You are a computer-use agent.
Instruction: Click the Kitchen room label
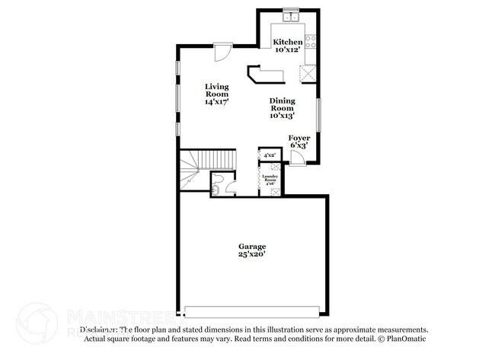click(x=288, y=41)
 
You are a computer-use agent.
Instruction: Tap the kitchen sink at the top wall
click(x=291, y=18)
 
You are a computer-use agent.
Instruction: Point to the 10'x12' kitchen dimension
click(x=288, y=50)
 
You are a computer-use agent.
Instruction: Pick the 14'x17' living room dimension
click(x=217, y=101)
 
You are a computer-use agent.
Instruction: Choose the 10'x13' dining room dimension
click(x=283, y=116)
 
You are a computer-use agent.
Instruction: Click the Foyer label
click(x=299, y=139)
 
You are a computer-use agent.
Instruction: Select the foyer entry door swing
click(x=299, y=158)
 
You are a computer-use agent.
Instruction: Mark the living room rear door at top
click(x=222, y=52)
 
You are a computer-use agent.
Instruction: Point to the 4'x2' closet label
click(x=270, y=155)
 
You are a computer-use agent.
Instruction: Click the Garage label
click(x=252, y=247)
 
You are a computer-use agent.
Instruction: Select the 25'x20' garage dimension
click(x=252, y=256)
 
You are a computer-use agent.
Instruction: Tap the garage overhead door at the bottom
click(x=252, y=311)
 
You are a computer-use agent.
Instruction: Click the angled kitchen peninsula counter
click(x=267, y=74)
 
